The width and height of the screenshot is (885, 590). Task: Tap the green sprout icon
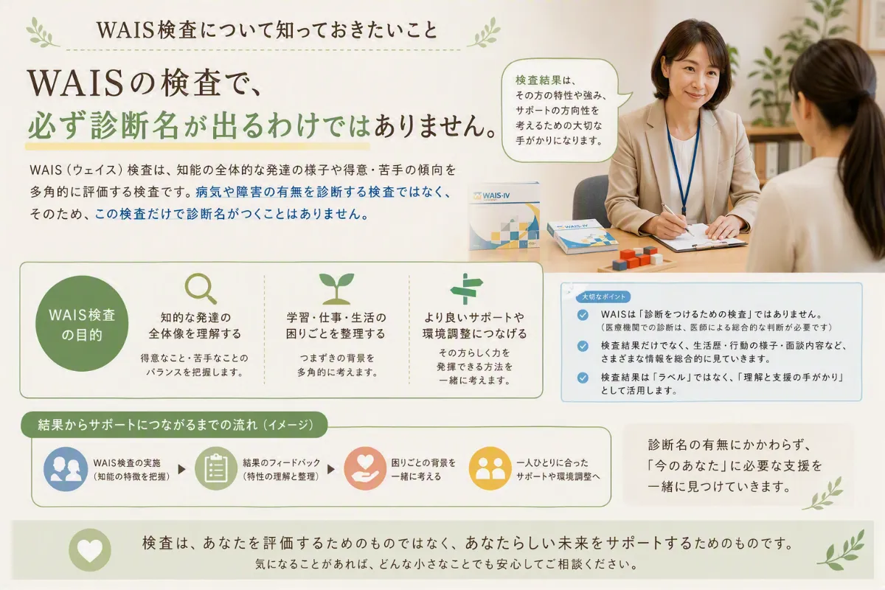336,288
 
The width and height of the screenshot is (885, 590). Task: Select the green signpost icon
466,288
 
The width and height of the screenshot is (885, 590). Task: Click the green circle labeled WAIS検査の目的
82,323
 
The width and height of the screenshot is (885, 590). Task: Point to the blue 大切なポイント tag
603,296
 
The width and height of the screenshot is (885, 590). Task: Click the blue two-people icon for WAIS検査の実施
65,469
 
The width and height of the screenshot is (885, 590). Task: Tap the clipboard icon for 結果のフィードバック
215,468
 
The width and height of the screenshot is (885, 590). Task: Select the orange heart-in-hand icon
364,468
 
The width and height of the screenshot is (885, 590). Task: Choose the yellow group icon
490,468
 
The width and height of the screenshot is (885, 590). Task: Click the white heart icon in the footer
90,549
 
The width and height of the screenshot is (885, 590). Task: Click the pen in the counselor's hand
676,218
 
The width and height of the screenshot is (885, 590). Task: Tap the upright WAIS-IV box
504,216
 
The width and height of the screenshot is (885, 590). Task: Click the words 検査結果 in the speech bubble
538,80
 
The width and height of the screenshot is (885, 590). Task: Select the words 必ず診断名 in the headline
103,125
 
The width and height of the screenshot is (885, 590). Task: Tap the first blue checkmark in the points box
583,315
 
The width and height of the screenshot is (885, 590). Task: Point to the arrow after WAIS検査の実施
181,469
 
